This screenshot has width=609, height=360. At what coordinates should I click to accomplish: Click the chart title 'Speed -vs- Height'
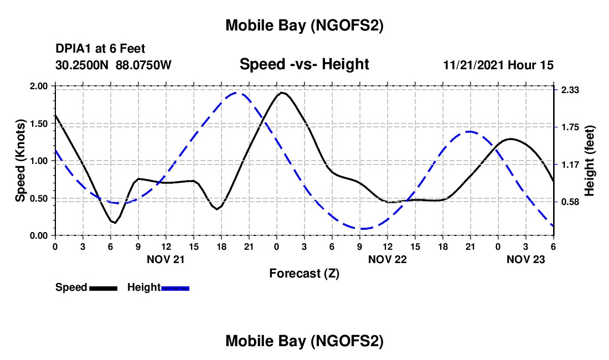(x=304, y=64)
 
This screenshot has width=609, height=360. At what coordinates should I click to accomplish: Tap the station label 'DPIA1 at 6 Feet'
(x=100, y=49)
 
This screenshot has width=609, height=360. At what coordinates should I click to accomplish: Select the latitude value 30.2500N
(x=82, y=65)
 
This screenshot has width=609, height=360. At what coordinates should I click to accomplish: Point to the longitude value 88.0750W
(x=143, y=65)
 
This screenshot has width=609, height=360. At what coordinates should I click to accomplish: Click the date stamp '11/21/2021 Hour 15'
(x=498, y=65)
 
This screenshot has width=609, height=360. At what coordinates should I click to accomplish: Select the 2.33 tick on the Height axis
(x=570, y=90)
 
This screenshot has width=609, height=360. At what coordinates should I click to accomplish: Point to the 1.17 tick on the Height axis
(x=570, y=164)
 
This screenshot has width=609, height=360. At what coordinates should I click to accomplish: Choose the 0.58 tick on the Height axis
(x=570, y=202)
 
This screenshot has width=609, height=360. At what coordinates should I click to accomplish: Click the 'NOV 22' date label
(x=387, y=259)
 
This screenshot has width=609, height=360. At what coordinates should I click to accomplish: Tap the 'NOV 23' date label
(x=525, y=259)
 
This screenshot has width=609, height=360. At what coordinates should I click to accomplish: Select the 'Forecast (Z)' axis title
(x=304, y=273)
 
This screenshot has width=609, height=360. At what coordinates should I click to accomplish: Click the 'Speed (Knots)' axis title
(x=20, y=161)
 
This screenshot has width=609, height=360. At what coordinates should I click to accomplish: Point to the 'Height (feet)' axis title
(x=590, y=161)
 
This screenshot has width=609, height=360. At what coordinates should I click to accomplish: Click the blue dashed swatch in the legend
(x=176, y=288)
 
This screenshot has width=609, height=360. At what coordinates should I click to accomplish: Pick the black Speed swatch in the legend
(x=103, y=288)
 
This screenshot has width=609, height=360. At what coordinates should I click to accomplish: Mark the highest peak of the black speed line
(x=282, y=92)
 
